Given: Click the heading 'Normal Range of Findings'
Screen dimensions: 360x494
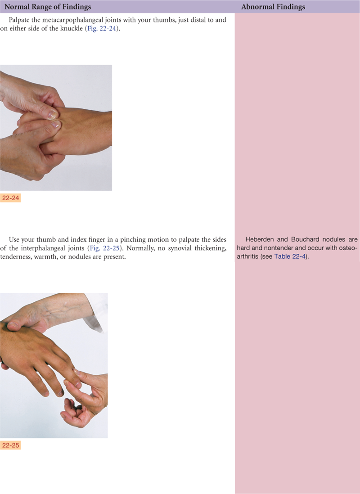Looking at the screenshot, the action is pos(48,7).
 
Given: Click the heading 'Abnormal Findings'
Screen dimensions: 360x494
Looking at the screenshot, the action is pos(273,7).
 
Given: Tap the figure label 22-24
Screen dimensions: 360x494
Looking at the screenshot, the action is pos(10,198).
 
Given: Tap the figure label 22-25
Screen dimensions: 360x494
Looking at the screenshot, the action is pos(10,445).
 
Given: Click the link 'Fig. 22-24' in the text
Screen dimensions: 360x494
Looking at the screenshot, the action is pos(102,28).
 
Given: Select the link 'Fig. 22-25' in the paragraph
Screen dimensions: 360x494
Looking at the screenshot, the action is pos(105,248).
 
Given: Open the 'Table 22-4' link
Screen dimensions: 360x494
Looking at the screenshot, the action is pos(290,256).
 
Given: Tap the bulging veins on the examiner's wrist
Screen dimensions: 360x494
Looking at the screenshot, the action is pos(55,311).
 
